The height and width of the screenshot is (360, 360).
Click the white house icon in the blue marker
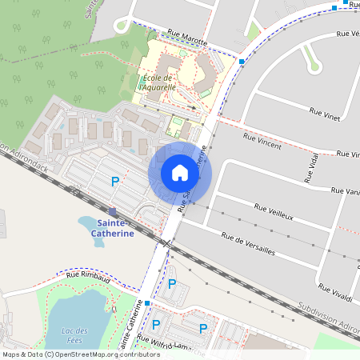[180, 173]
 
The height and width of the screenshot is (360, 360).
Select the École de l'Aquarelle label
[158, 82]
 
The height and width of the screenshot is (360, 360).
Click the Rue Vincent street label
[262, 142]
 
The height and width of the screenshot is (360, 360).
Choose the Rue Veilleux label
[274, 212]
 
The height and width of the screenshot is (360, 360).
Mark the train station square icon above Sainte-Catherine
[112, 211]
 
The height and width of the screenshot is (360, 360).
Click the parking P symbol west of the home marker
[114, 182]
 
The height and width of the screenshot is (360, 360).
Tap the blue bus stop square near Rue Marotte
[242, 60]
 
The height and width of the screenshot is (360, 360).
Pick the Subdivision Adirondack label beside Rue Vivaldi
[329, 317]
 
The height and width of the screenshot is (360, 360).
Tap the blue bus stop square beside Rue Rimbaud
[147, 302]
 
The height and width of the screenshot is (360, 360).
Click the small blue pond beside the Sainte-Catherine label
[90, 221]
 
